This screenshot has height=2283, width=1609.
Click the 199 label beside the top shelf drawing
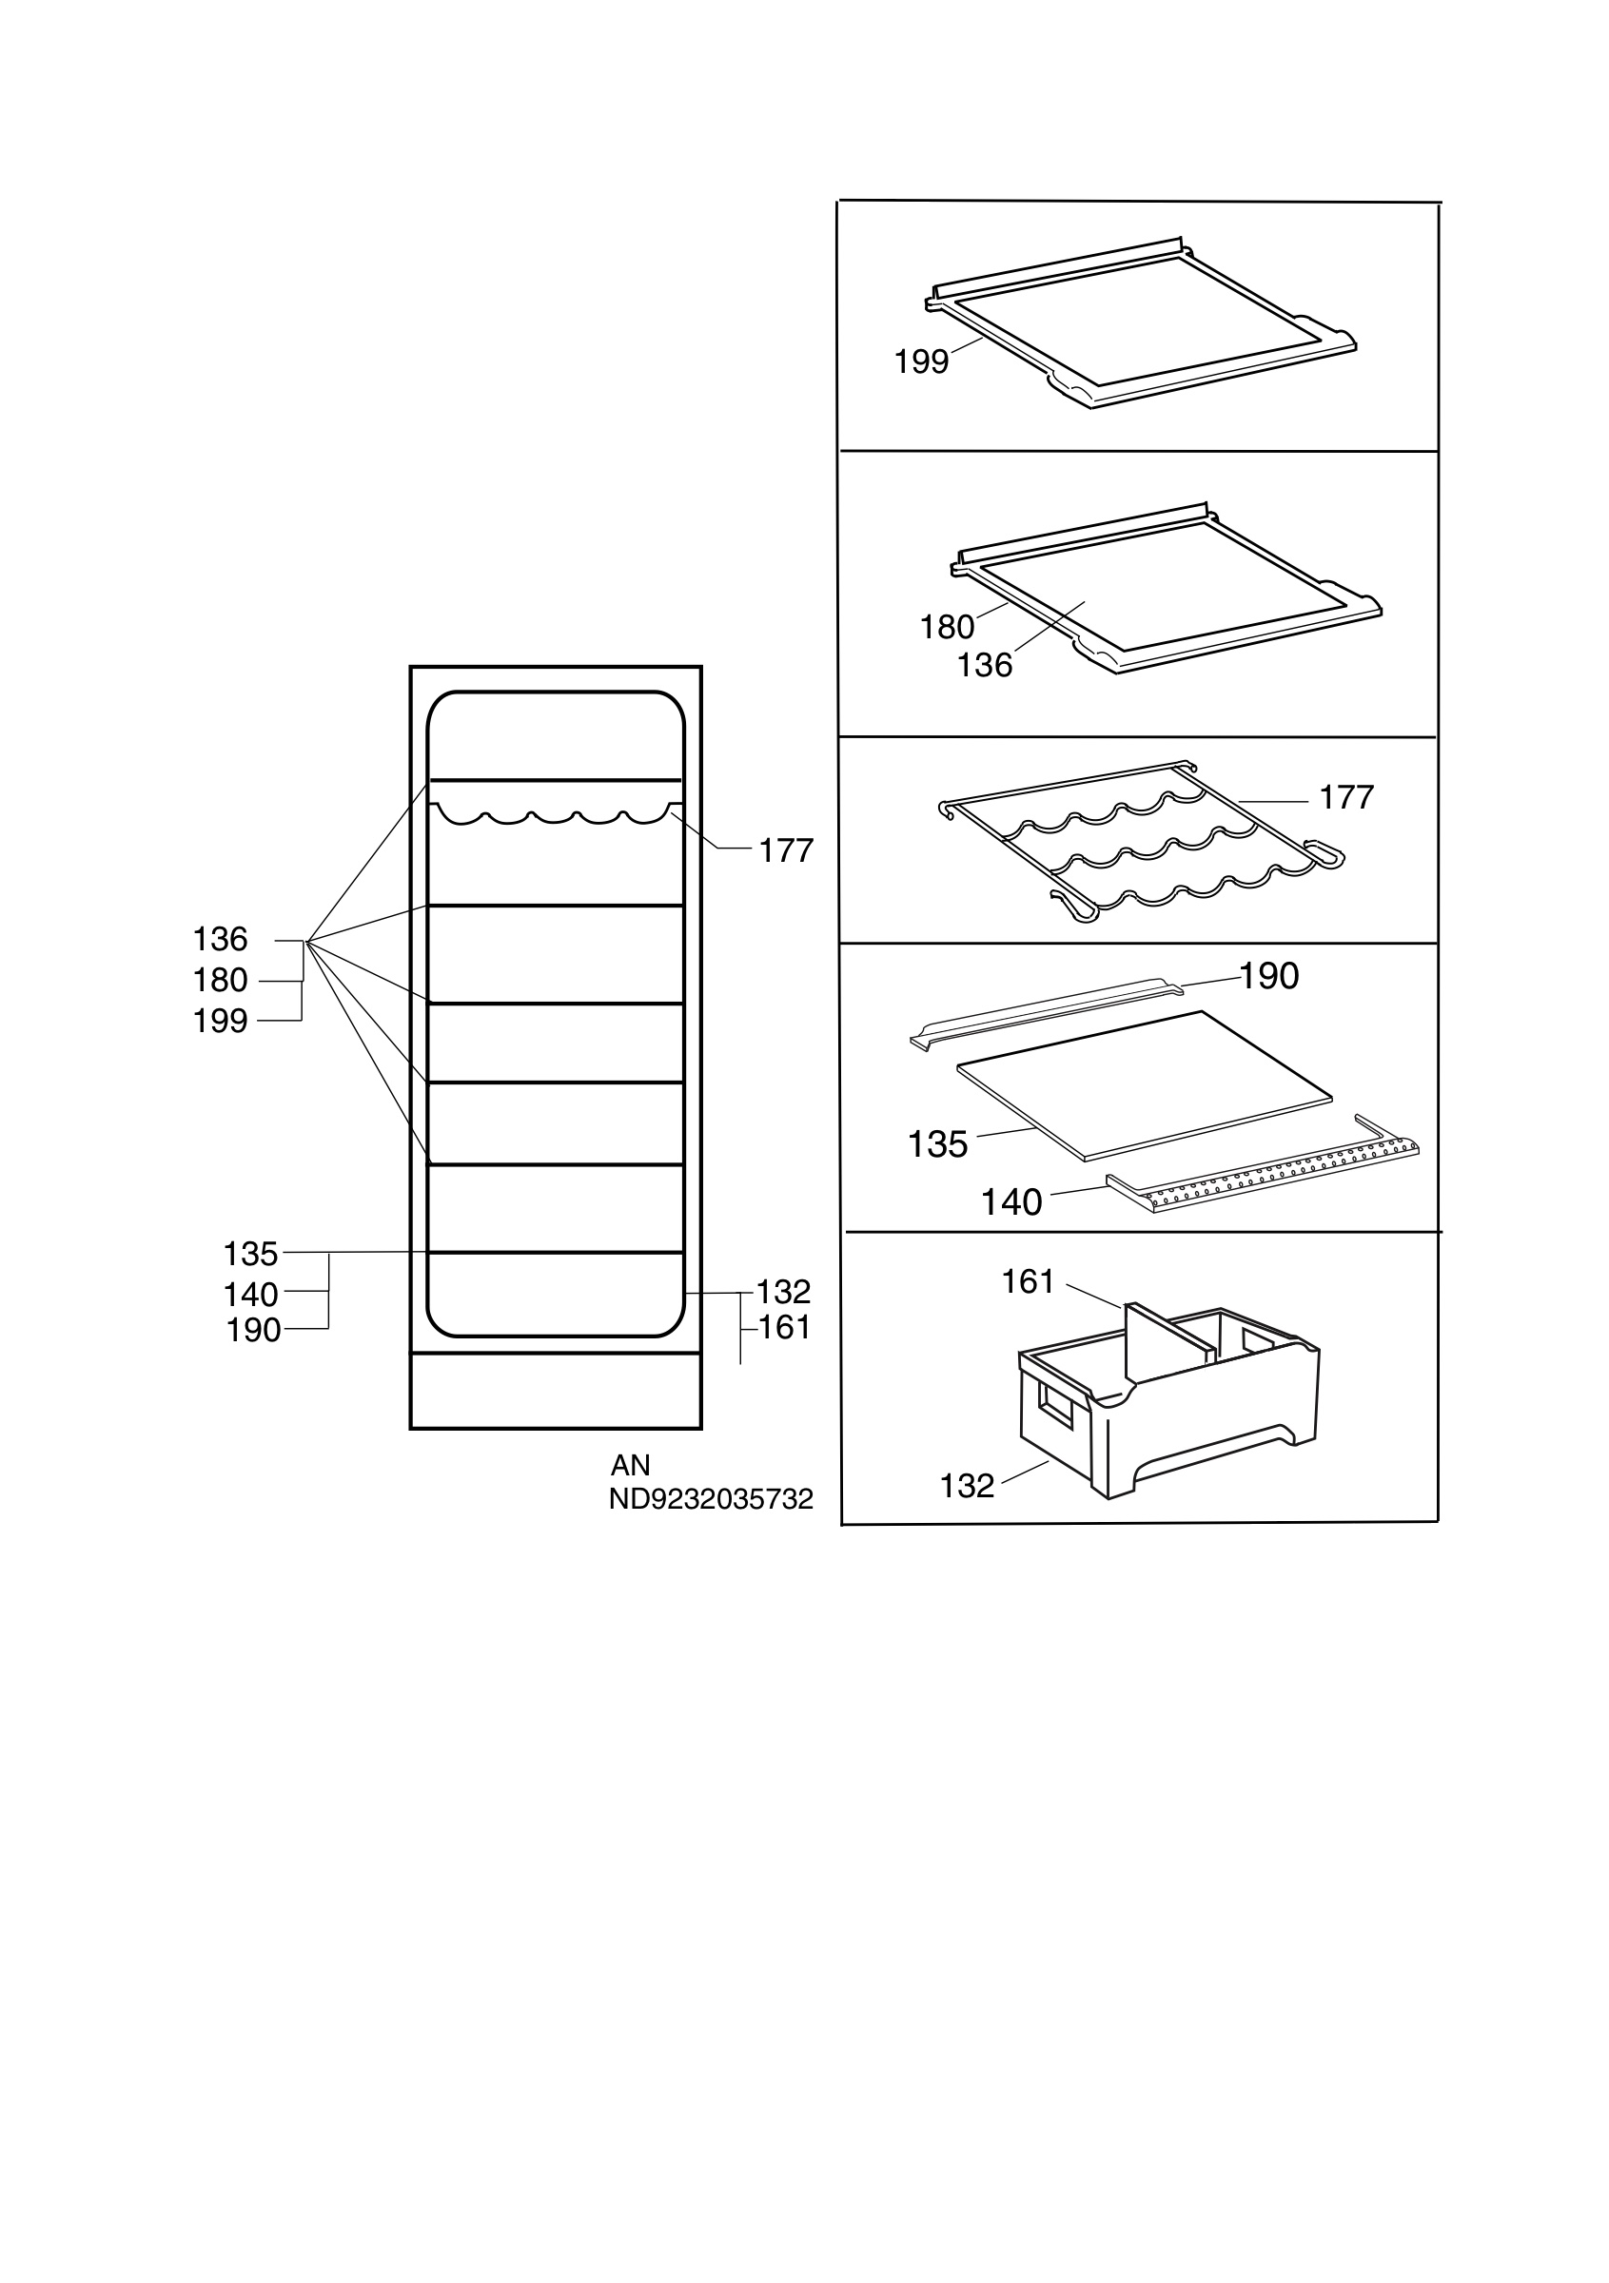click(921, 361)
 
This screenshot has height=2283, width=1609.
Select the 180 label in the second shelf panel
click(947, 628)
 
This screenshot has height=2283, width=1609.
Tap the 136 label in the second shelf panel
click(985, 665)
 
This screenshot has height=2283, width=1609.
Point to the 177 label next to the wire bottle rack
click(1346, 797)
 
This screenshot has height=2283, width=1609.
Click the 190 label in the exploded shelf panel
click(1269, 976)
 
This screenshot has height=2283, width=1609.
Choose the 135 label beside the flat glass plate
click(938, 1144)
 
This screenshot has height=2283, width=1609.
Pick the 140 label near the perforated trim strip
click(1011, 1202)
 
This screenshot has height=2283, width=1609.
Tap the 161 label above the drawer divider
click(1028, 1281)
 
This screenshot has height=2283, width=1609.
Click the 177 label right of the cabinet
click(787, 851)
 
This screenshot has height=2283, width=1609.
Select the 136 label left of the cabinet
click(220, 940)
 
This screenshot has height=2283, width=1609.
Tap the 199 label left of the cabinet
click(220, 1022)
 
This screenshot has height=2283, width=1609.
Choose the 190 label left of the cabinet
click(254, 1331)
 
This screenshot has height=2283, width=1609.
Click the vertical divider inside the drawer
click(1168, 1341)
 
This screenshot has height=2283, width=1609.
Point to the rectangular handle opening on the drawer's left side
click(1055, 1405)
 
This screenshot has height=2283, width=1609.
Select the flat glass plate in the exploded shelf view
click(1144, 1084)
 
